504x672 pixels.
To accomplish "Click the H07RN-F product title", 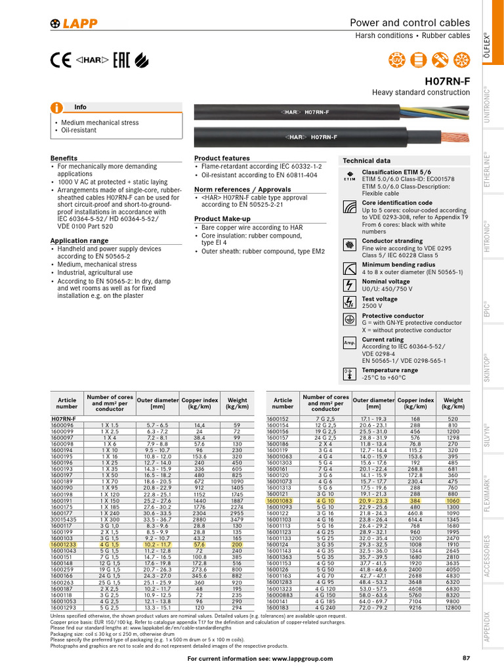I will tap(448, 81).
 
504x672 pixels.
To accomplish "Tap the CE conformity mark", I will tap(60, 60).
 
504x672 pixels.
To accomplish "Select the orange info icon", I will tap(58, 107).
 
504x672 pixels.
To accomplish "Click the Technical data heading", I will tap(367, 161).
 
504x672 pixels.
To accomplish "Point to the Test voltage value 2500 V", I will tap(373, 306).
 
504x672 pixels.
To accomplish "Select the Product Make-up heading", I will tap(222, 219).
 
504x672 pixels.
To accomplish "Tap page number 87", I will tap(466, 658).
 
